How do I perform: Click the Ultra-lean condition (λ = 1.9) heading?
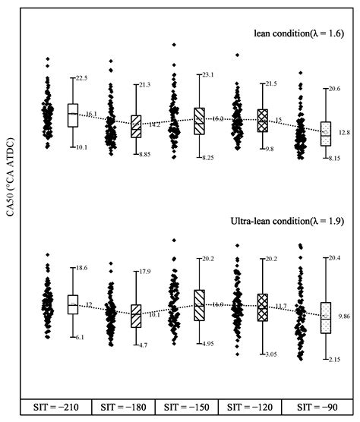click(288, 222)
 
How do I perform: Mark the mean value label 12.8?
click(344, 132)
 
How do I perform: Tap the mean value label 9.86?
click(344, 314)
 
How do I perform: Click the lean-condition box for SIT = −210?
click(73, 115)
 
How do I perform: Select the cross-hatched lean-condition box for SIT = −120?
click(263, 120)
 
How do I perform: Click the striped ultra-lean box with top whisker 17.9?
click(136, 314)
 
